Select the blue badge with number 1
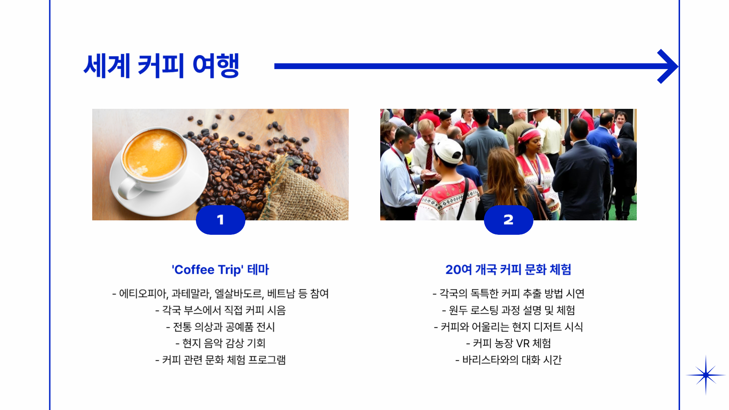[220, 220]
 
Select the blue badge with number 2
[509, 220]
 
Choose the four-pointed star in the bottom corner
[706, 375]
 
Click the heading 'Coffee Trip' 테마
[220, 270]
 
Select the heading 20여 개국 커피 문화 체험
[509, 270]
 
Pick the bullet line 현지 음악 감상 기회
[220, 343]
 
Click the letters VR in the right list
[523, 343]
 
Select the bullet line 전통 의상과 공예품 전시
[220, 327]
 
